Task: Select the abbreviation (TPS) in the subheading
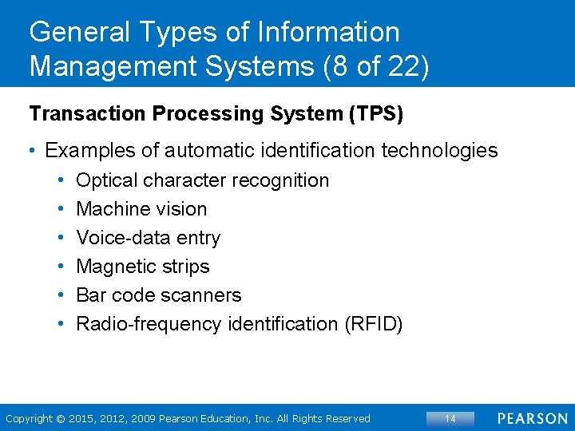(x=375, y=114)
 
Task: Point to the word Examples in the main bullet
(x=91, y=150)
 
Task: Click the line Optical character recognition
(x=202, y=180)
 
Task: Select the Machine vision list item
(x=141, y=209)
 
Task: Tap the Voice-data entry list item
(x=148, y=238)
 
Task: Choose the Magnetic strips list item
(x=142, y=267)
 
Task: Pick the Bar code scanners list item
(x=158, y=295)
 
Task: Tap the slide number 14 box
(x=450, y=418)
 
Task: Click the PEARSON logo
(x=533, y=418)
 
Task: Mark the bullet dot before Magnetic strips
(x=62, y=267)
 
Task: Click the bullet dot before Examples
(x=34, y=150)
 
